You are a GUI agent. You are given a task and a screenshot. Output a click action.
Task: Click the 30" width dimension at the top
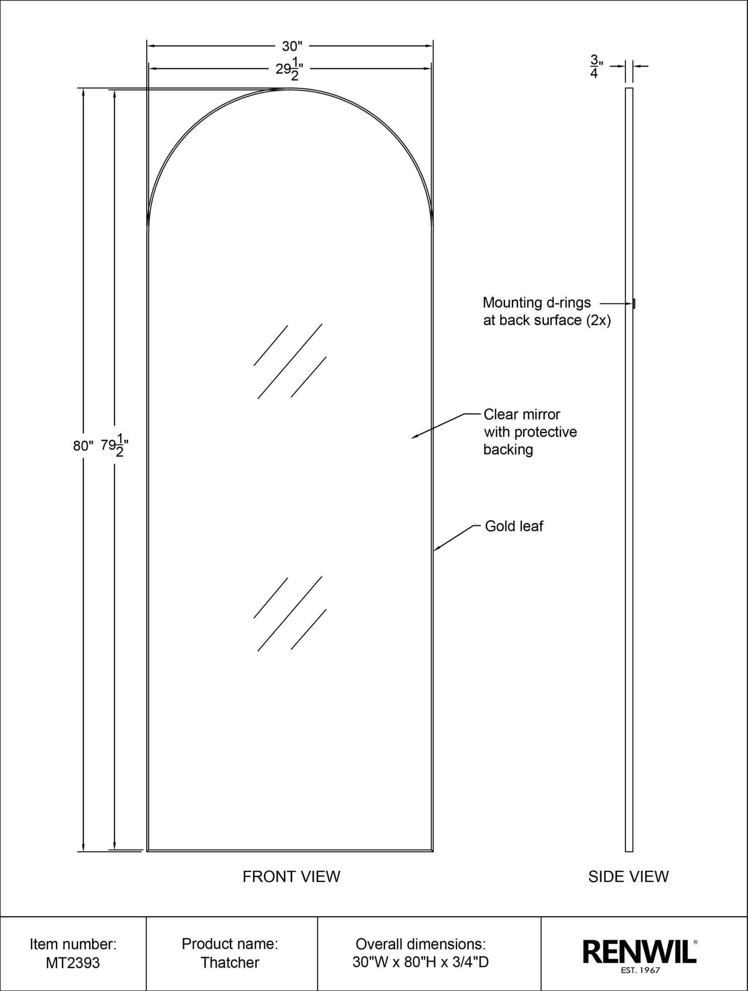[292, 46]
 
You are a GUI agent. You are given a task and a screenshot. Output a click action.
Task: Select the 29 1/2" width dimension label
[290, 69]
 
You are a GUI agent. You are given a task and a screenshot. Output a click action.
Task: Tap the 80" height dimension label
[83, 446]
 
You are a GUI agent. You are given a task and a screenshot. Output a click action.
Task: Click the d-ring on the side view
[634, 304]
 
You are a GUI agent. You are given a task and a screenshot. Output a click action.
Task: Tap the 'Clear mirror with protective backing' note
[530, 432]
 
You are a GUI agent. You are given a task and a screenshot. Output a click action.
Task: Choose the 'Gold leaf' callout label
[514, 526]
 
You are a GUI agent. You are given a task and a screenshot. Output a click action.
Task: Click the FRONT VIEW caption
[291, 876]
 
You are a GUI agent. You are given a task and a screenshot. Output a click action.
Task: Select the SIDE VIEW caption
[628, 876]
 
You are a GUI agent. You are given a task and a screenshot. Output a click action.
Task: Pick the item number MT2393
[73, 962]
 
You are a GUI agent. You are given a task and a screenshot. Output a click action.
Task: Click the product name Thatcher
[230, 962]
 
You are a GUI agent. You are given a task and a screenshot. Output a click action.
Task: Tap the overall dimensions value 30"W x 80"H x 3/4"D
[420, 962]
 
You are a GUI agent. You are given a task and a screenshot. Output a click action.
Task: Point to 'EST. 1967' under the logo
[640, 971]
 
